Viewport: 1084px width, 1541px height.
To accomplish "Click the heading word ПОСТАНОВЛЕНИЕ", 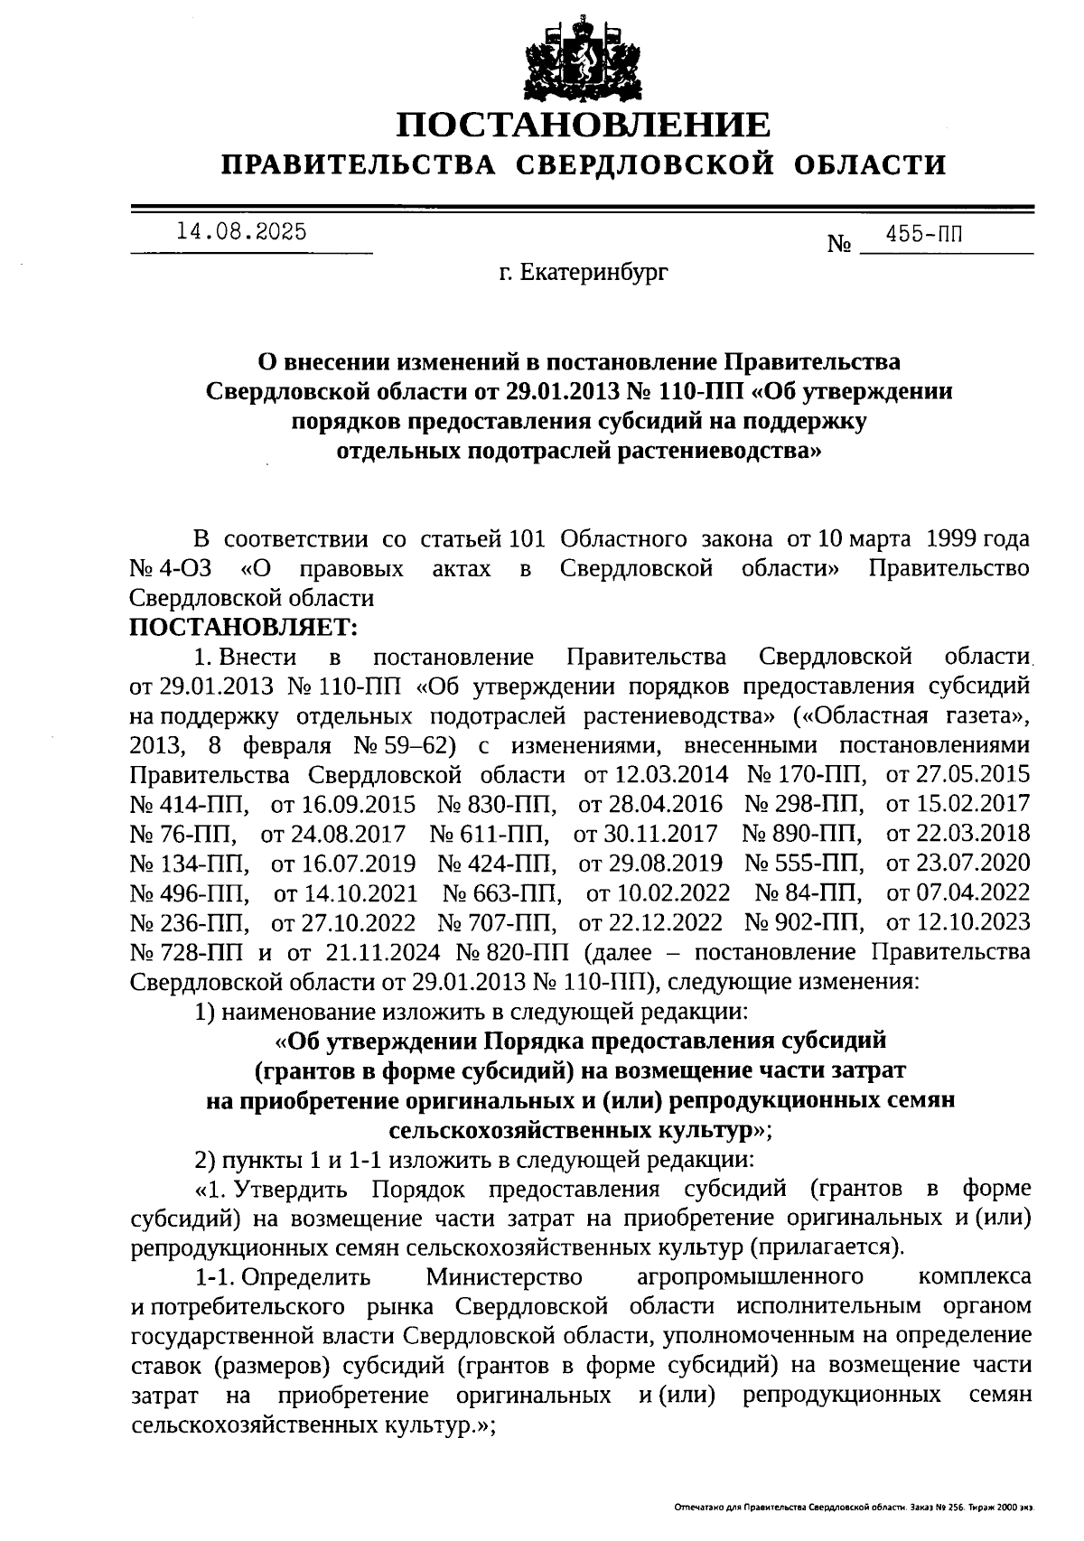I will (584, 125).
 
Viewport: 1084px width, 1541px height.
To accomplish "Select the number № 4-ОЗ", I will (172, 569).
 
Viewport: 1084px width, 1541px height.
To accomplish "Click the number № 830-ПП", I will (497, 804).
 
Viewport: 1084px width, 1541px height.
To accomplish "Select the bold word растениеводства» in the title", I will (719, 450).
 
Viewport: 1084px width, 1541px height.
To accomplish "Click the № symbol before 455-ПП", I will (840, 244).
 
